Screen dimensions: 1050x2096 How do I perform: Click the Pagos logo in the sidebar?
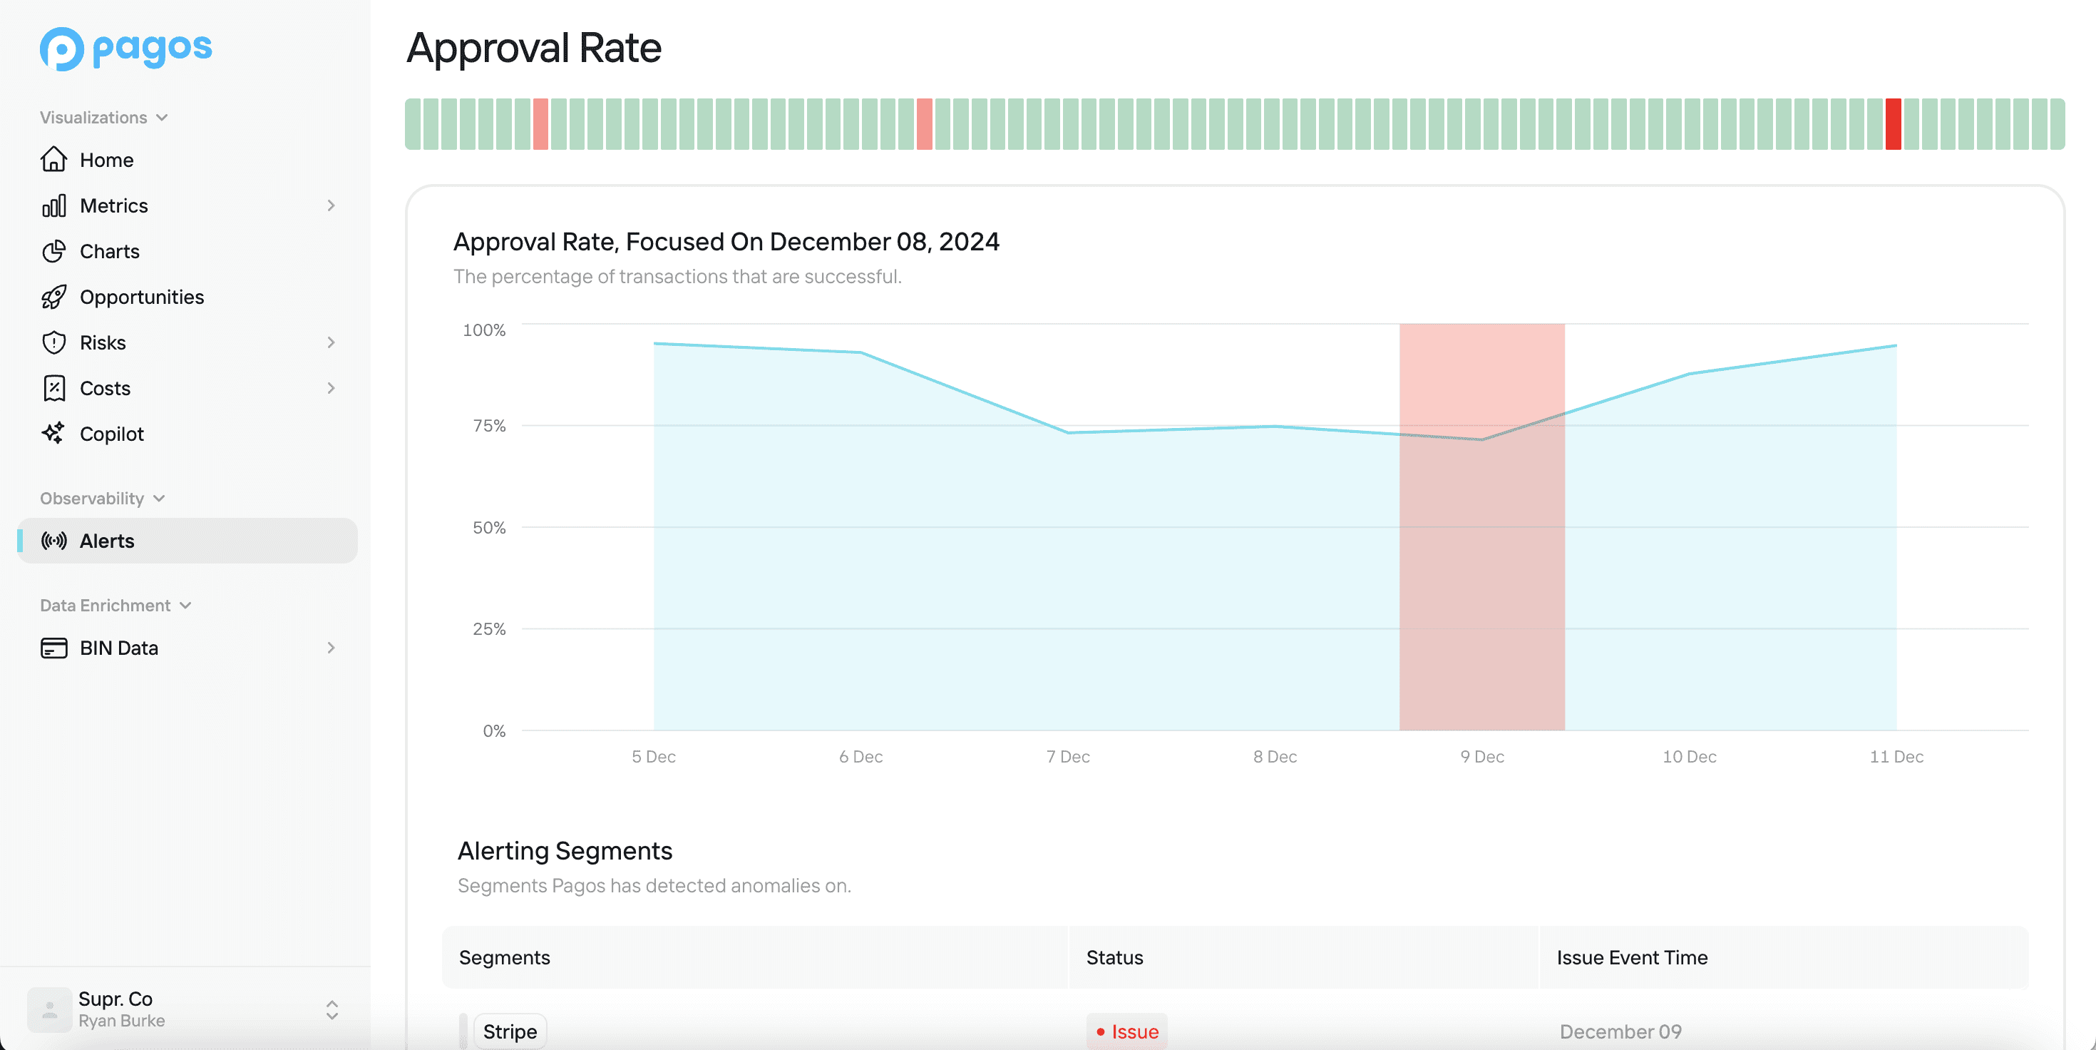click(x=125, y=49)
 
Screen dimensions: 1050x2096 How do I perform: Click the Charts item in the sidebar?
click(x=109, y=252)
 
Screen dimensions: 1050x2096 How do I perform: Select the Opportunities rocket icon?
click(x=53, y=297)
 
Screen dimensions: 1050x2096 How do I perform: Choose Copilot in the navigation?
click(x=111, y=434)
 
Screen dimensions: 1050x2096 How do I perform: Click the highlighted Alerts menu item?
click(x=107, y=541)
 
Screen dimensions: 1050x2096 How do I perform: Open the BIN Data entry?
click(x=119, y=648)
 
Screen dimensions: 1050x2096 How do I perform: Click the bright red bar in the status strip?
click(x=1894, y=123)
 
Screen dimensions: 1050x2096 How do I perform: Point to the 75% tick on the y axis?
click(x=489, y=426)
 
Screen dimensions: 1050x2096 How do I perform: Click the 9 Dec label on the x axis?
click(x=1481, y=756)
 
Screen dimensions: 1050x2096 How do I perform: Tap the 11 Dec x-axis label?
click(x=1896, y=756)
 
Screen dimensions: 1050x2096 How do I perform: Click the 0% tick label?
click(x=494, y=731)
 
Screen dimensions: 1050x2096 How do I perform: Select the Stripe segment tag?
click(x=510, y=1031)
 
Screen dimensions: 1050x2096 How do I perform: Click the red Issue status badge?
click(x=1127, y=1031)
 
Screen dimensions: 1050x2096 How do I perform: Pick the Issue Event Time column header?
click(x=1631, y=957)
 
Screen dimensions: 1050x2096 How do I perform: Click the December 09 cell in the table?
click(x=1620, y=1031)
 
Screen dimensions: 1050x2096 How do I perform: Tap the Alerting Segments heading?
click(x=565, y=850)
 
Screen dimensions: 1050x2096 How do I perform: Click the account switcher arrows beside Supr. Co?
click(x=332, y=1009)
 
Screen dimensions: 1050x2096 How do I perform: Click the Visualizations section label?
click(x=93, y=117)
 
